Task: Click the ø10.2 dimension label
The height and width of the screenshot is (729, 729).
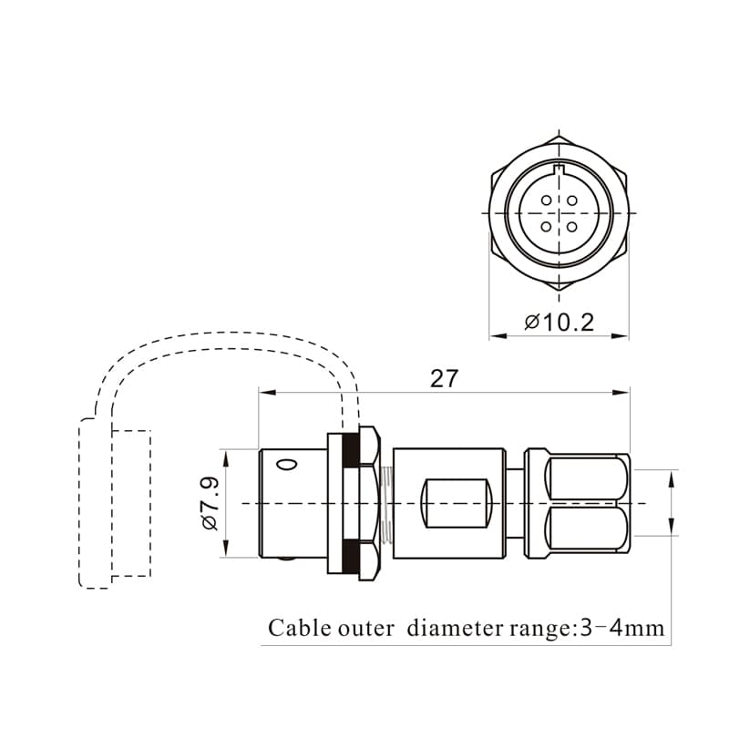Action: pos(559,323)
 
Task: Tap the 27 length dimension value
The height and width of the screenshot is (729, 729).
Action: pos(444,378)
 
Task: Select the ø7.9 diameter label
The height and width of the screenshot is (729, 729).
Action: pos(210,504)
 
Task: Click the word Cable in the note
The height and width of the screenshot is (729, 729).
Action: pos(298,628)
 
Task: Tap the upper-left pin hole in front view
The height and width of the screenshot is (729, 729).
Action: pos(546,200)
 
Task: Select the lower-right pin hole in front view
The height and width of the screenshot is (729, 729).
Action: pos(572,227)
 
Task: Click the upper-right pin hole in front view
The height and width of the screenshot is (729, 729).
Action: pos(572,200)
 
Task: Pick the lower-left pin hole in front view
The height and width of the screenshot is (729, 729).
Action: pos(546,227)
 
